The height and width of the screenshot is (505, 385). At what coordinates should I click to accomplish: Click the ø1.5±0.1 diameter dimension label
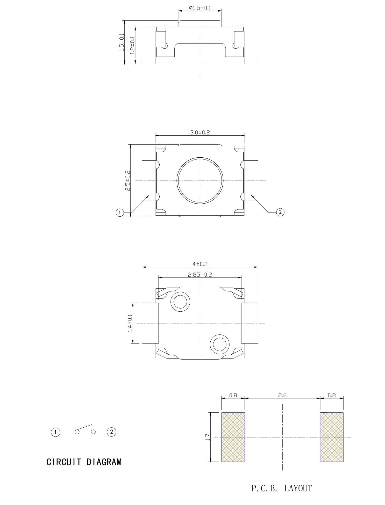(x=200, y=8)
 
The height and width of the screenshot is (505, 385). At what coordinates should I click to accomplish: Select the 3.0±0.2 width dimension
(x=200, y=132)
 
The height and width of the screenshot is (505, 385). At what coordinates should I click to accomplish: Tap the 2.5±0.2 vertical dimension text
(x=127, y=180)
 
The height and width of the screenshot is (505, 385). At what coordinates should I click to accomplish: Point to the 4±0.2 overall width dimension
(x=200, y=264)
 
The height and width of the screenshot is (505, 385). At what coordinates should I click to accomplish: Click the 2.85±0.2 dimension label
(x=200, y=274)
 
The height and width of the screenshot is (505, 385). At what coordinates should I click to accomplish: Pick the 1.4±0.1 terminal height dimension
(x=130, y=323)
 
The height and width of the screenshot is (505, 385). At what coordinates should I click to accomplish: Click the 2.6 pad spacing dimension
(x=282, y=395)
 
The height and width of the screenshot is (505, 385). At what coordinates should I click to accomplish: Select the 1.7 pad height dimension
(x=208, y=437)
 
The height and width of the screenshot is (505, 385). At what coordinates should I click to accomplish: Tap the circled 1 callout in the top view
(x=119, y=213)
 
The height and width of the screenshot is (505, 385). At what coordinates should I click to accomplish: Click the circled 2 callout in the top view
(x=280, y=212)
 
